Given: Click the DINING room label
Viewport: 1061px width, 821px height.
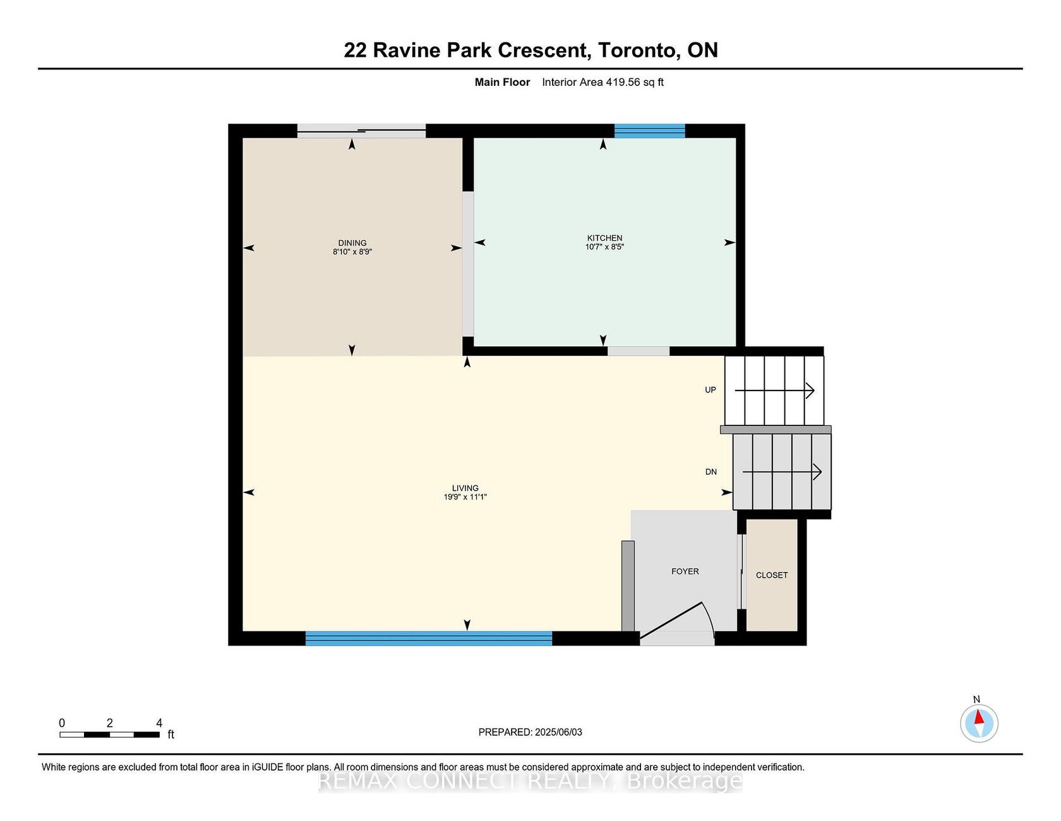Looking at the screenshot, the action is pos(352,243).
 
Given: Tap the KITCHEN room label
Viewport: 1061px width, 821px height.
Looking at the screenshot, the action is pos(604,238).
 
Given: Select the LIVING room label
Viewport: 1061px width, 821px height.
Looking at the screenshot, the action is pos(465,488).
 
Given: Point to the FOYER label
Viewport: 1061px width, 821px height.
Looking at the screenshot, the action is pos(685,571).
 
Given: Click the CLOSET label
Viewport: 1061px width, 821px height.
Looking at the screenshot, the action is pos(772,575).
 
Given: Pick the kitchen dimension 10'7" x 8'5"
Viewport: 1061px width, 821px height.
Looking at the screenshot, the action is pos(604,247).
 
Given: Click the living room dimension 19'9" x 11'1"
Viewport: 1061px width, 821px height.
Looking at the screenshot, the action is pos(465,497).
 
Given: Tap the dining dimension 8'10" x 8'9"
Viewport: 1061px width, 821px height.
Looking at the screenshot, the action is pos(352,252).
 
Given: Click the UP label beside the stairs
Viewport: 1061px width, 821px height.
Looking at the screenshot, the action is pos(710,390).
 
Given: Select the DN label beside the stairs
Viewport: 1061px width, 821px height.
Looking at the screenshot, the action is pos(711,472).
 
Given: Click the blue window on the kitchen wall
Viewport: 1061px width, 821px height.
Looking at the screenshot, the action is pos(650,131).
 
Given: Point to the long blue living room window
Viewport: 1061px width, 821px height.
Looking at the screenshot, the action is pos(429,638).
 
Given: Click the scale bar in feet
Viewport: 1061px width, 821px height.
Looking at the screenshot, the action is pos(110,734).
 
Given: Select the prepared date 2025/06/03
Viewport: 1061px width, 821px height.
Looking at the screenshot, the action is pos(558,733).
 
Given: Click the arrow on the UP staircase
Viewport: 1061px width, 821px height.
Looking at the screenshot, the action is pos(775,391).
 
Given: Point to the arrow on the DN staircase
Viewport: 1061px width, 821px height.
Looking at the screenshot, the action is pos(782,471).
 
